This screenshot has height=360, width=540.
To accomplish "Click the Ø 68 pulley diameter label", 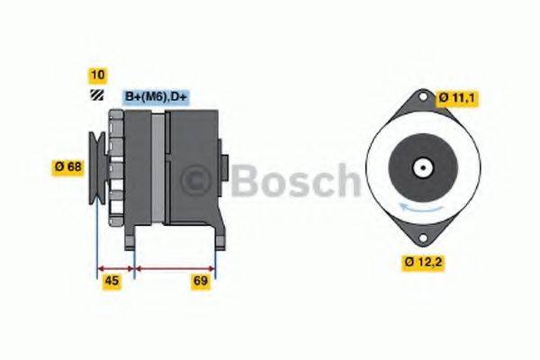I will pyautogui.click(x=67, y=166).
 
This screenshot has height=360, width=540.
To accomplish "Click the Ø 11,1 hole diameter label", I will pyautogui.click(x=456, y=97).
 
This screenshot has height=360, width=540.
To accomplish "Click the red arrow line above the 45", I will pyautogui.click(x=115, y=267).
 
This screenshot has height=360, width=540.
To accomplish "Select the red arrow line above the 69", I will pyautogui.click(x=175, y=267).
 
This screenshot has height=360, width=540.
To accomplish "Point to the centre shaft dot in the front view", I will pyautogui.click(x=419, y=167).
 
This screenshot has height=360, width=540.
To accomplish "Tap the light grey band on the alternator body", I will pyautogui.click(x=159, y=171).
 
